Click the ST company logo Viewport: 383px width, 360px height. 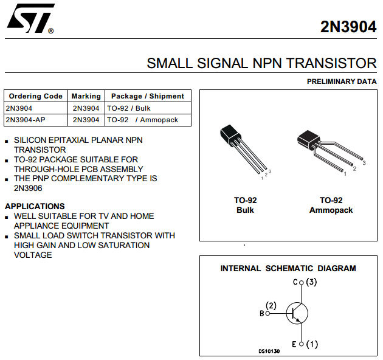pos(30,18)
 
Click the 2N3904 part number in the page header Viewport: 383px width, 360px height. pos(348,27)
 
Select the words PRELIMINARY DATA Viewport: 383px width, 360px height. pos(342,81)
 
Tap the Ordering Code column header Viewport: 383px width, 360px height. pos(36,96)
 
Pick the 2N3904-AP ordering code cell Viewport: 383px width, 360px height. pos(26,120)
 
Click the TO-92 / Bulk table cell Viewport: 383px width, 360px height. pos(129,108)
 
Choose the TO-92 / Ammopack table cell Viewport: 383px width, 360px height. pos(143,120)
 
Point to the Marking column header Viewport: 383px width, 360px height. pos(86,96)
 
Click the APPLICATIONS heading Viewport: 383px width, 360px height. pos(35,206)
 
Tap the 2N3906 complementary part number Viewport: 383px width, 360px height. pos(28,188)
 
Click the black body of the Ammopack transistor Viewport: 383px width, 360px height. pos(308,140)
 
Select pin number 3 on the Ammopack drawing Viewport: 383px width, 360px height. pos(364,163)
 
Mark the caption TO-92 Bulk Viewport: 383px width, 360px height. pos(245,205)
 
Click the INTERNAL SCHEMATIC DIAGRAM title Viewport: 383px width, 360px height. pos(288,268)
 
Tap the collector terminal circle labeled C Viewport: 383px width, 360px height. pos(301,283)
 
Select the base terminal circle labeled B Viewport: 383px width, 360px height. pos(267,313)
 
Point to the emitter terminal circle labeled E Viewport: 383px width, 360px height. pos(302,344)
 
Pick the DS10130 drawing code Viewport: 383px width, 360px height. pos(269,351)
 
